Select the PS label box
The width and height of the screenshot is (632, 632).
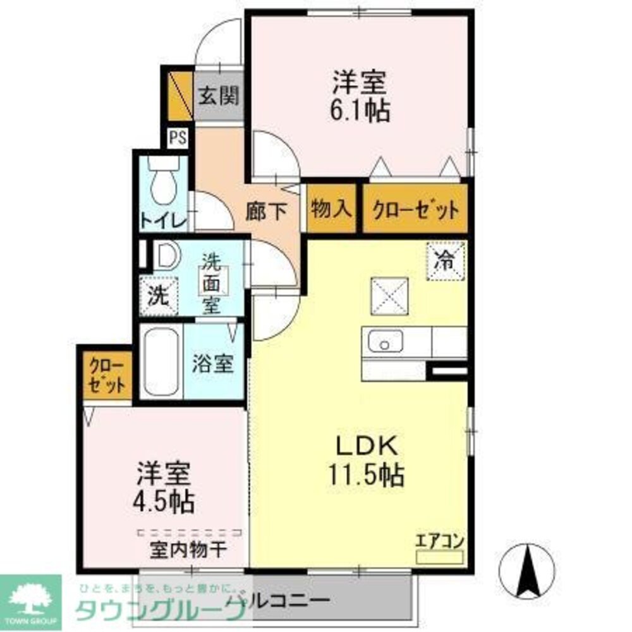click(177, 138)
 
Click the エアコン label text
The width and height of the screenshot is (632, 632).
click(440, 541)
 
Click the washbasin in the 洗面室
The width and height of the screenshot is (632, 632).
click(166, 257)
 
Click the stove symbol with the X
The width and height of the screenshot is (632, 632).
click(387, 296)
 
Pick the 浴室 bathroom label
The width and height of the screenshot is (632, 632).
click(214, 365)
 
